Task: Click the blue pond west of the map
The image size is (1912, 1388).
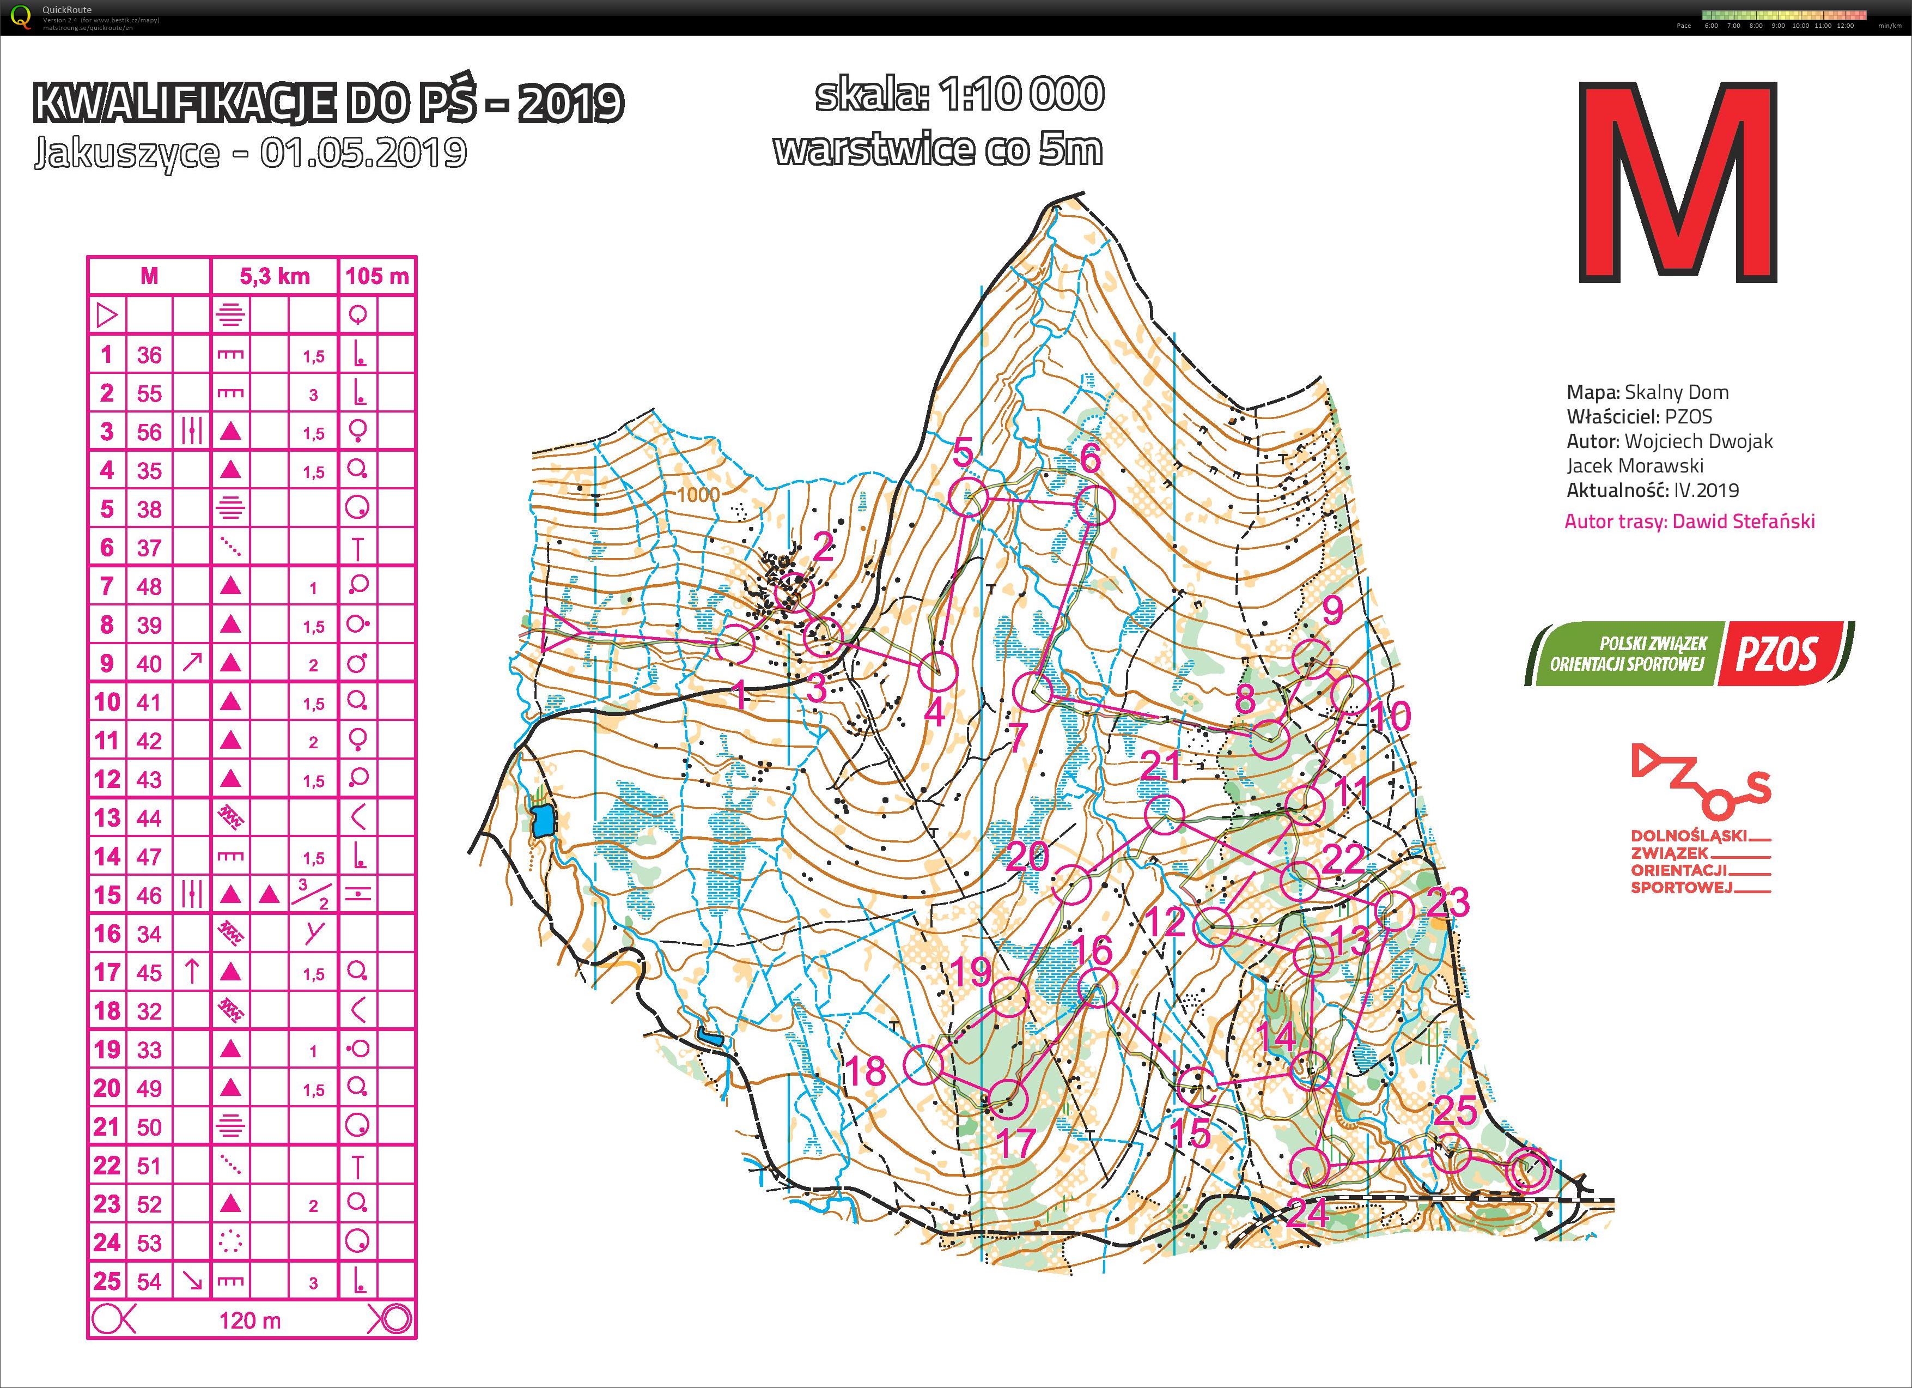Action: [544, 819]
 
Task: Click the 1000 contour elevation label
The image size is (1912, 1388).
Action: [698, 495]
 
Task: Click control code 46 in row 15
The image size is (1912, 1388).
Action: [149, 895]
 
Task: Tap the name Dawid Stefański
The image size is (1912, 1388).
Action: [1743, 521]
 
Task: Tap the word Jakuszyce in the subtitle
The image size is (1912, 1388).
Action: [126, 154]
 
